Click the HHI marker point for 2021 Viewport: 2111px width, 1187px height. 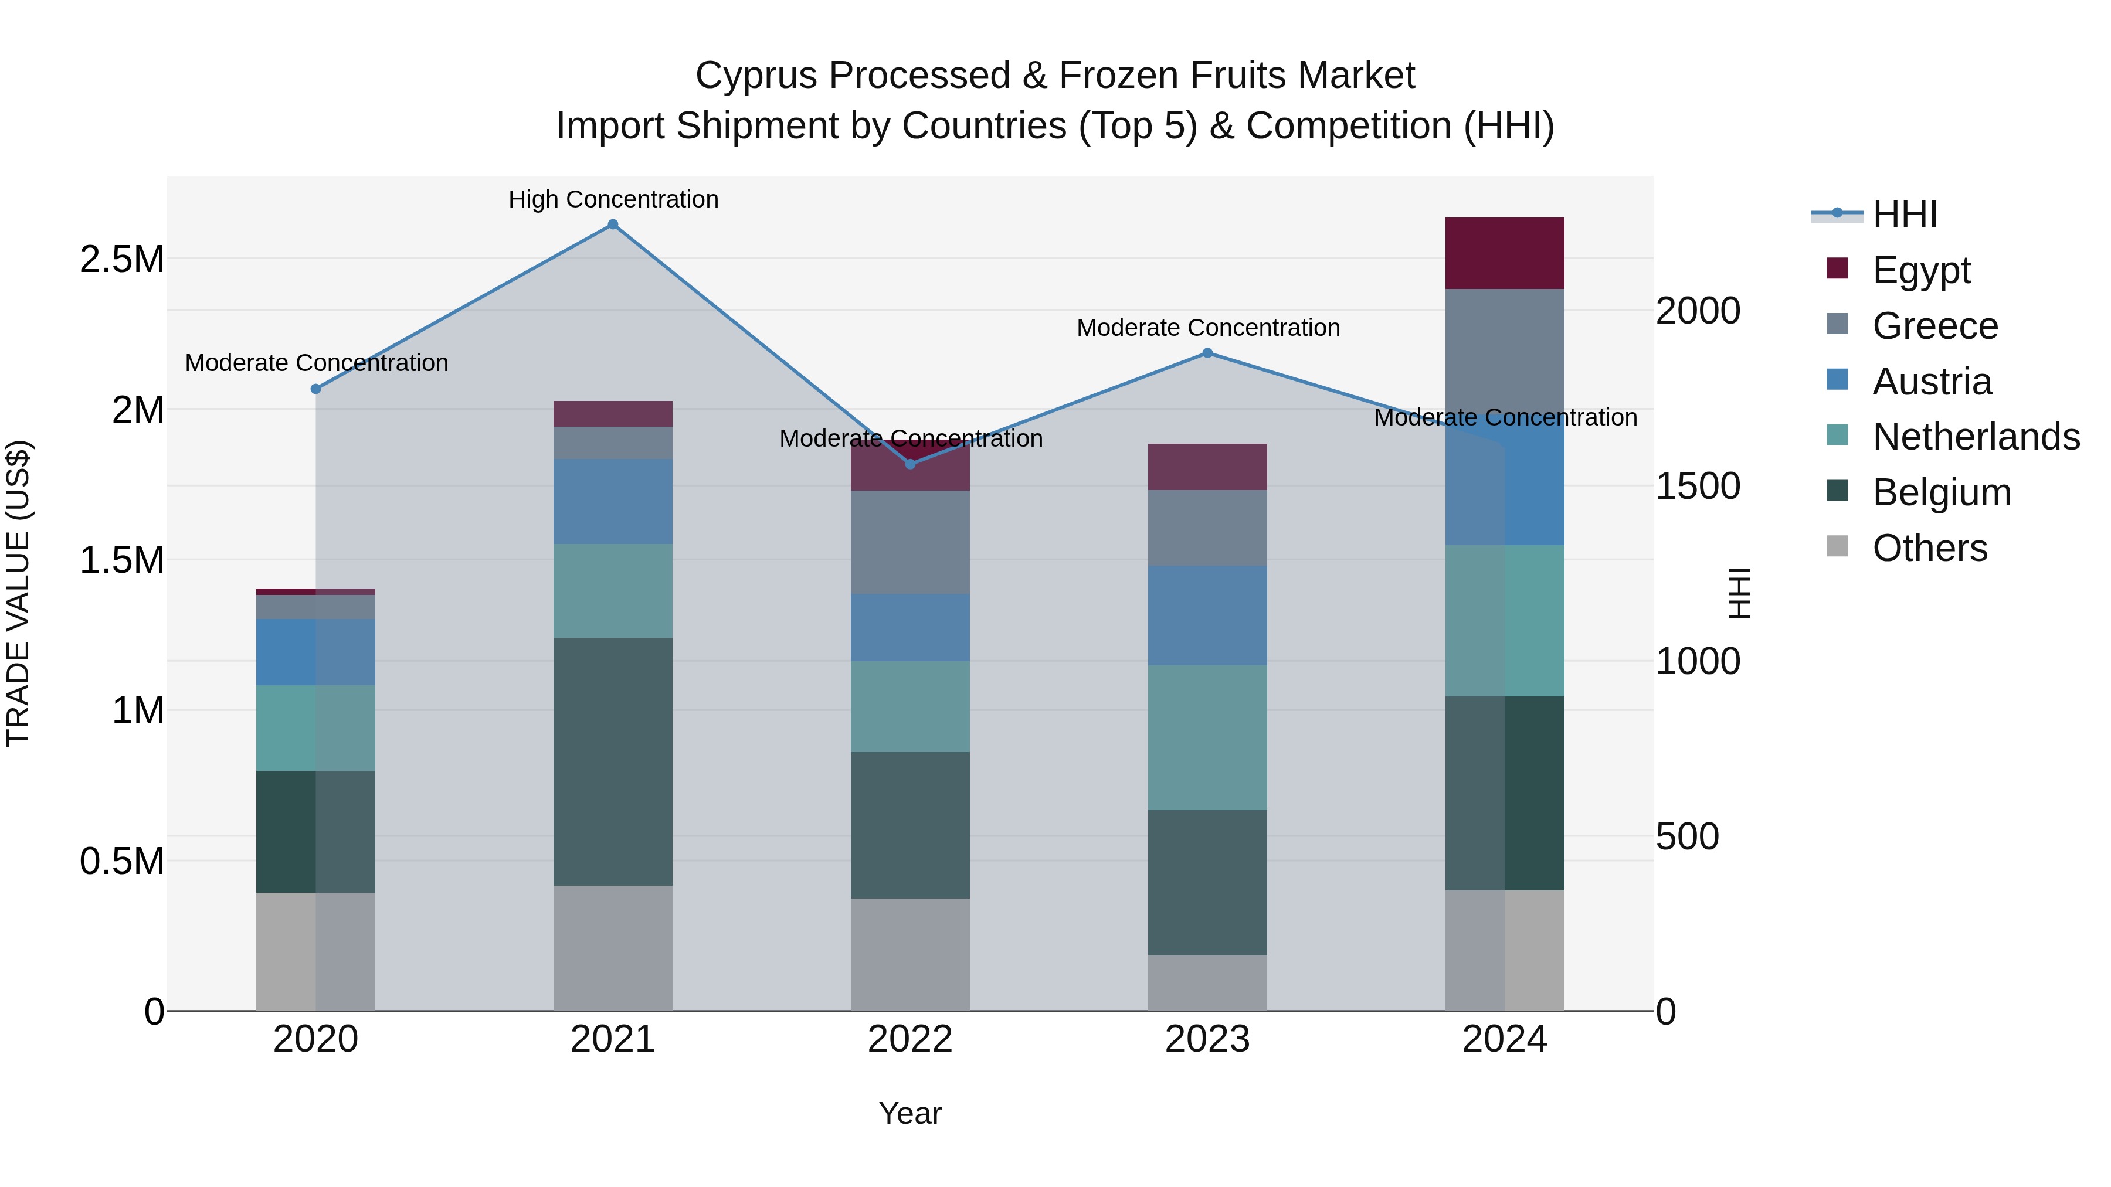[x=612, y=225]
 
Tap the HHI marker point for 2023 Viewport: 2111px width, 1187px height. [x=1207, y=353]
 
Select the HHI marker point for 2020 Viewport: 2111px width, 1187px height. [x=315, y=389]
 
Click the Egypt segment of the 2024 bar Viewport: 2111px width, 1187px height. [x=1505, y=253]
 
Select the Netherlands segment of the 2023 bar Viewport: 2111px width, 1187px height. [x=1207, y=737]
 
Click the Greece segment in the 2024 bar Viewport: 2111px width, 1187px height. [x=1505, y=348]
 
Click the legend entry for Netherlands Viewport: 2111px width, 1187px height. [x=1975, y=437]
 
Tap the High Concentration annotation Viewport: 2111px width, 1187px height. [x=613, y=199]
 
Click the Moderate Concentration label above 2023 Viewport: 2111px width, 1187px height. [x=1208, y=328]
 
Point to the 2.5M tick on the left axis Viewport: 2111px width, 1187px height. [x=122, y=260]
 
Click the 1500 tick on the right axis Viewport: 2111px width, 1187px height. [x=1697, y=486]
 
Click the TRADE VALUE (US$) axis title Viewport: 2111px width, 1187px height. [x=18, y=593]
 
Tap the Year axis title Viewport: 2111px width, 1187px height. [x=909, y=1113]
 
